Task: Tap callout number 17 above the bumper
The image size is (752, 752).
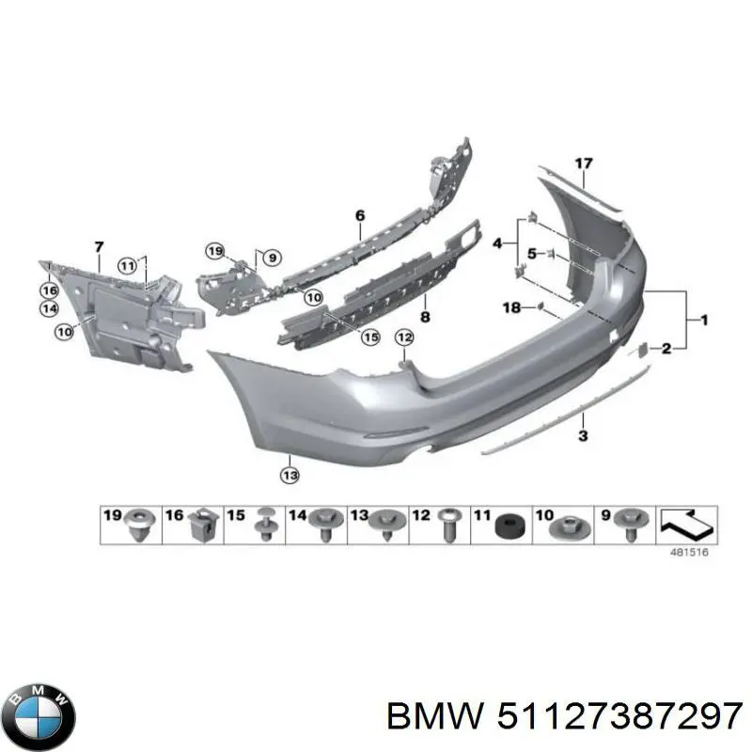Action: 584,164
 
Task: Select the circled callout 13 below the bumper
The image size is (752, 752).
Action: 290,476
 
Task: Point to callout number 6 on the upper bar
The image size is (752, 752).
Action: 359,216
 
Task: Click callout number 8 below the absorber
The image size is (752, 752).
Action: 425,317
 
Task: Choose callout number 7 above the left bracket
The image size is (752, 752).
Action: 99,247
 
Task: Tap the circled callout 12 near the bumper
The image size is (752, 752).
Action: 403,337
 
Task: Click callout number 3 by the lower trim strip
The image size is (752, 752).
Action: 583,435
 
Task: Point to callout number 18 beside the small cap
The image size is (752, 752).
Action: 511,307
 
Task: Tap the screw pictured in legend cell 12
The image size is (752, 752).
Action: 448,525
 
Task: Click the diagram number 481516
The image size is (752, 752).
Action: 688,552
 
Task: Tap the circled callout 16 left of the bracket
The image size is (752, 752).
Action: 49,291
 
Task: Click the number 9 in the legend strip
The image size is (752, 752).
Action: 604,515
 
